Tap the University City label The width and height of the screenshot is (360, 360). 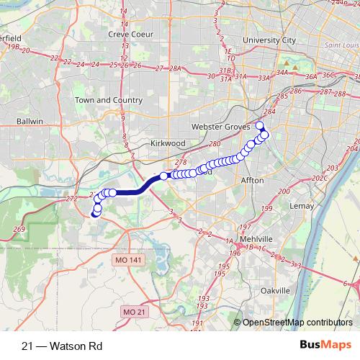click(x=270, y=40)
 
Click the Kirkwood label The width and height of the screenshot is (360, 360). click(x=168, y=143)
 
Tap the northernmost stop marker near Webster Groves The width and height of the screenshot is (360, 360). click(x=260, y=126)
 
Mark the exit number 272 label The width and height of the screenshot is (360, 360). click(x=71, y=198)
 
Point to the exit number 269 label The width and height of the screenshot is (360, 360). click(x=19, y=229)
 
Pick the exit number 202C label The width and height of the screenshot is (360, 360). click(x=319, y=178)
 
